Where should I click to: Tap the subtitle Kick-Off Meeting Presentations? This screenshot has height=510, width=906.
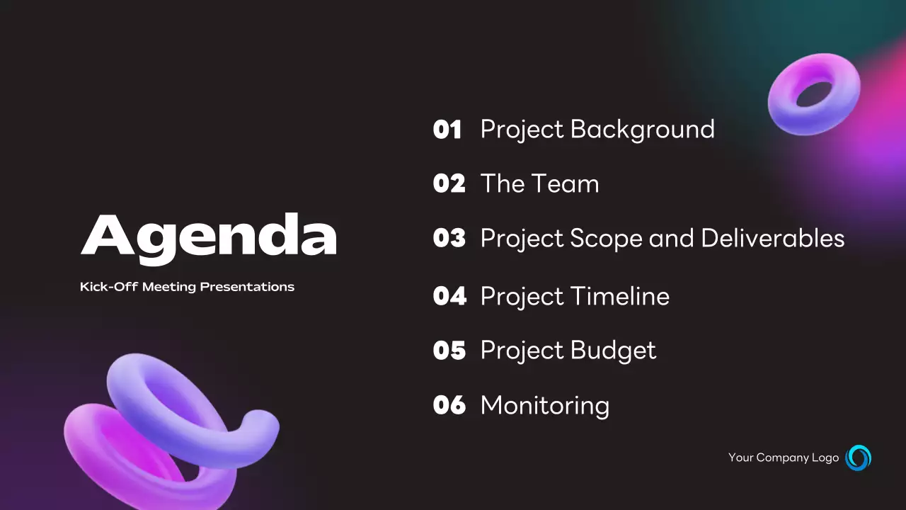[187, 287]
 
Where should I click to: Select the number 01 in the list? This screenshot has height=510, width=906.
[447, 130]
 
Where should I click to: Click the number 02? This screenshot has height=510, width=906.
[449, 184]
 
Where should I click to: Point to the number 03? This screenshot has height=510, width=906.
[449, 239]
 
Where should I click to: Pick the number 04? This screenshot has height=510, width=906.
[449, 296]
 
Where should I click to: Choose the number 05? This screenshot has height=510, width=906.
[449, 351]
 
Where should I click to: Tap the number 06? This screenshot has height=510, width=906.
[449, 405]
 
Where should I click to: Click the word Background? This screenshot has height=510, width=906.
[643, 130]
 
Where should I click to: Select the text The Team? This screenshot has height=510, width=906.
[539, 184]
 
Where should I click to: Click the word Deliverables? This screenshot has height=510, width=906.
[773, 239]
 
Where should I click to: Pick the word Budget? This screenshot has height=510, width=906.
[613, 351]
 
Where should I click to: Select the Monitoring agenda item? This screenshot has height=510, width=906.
[544, 405]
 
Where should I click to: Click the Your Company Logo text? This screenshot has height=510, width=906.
[784, 458]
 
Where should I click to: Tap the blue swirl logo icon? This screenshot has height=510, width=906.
[859, 458]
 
